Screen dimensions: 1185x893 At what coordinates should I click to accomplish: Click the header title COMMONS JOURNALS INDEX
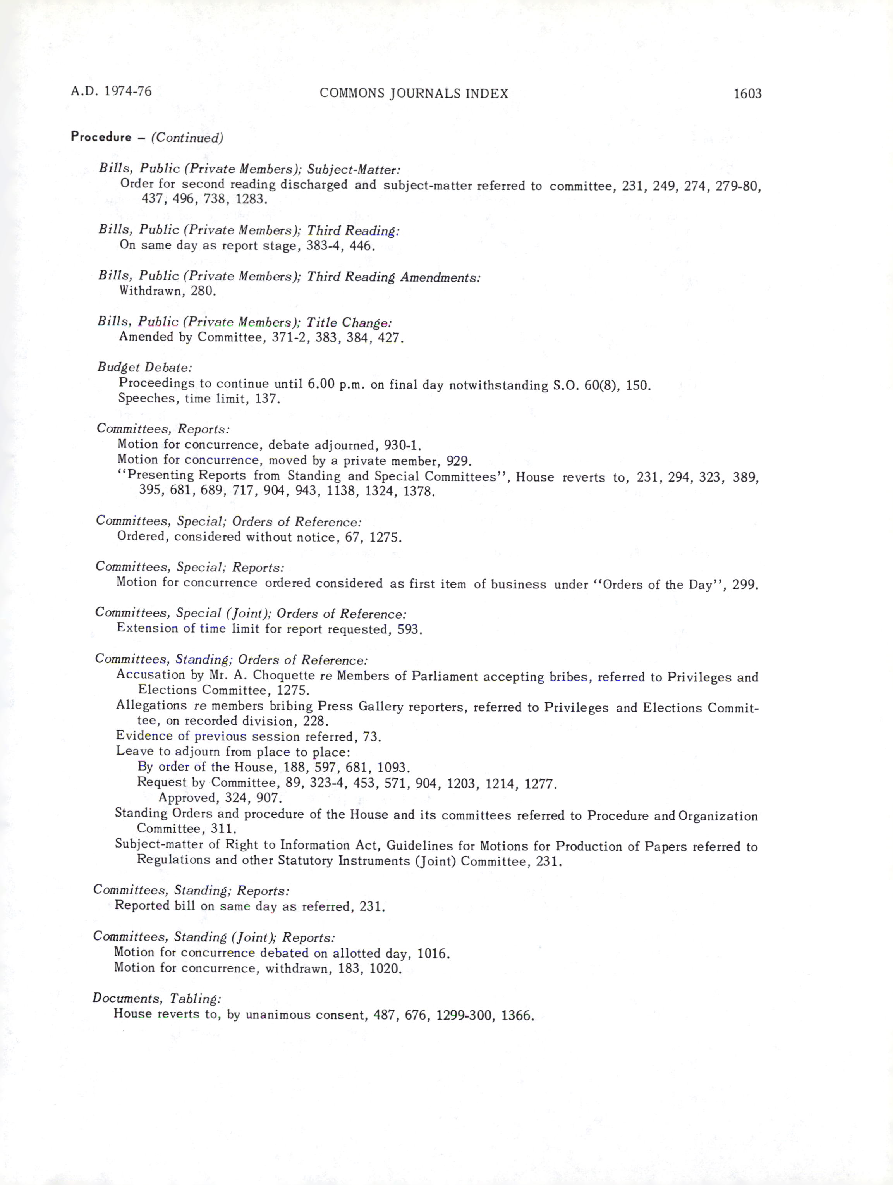click(414, 94)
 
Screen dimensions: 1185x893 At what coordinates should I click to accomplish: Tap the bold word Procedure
click(101, 137)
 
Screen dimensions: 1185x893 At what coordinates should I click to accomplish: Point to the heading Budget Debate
click(144, 368)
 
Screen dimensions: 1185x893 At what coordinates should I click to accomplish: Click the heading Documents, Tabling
click(156, 998)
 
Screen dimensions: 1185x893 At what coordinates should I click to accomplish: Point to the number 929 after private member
click(458, 461)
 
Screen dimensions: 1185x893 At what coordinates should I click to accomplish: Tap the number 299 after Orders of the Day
click(745, 585)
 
